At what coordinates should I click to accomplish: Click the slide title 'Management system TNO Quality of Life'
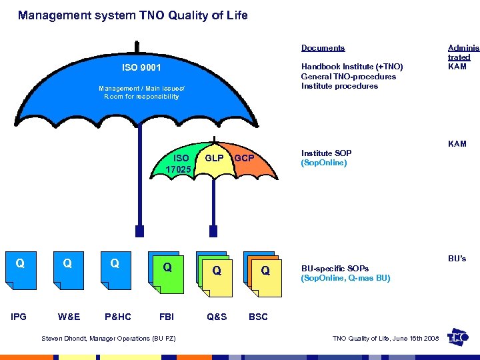point(133,15)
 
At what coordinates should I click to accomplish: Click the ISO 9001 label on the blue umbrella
point(141,67)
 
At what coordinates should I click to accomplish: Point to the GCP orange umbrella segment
point(244,159)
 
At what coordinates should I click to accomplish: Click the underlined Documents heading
point(323,48)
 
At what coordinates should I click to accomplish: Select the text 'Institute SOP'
point(326,153)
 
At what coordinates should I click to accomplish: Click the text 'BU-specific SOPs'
point(335,268)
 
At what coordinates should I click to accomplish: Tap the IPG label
point(19,317)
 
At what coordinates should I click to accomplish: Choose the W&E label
point(69,317)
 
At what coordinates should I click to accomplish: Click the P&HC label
point(118,317)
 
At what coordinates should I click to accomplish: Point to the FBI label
point(166,317)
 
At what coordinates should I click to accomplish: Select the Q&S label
point(217,317)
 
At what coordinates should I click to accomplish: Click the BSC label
point(258,317)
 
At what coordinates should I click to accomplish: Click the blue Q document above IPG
point(20,269)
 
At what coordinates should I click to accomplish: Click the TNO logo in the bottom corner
point(459,337)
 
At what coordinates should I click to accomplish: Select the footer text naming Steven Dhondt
point(109,339)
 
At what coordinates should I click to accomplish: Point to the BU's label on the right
point(457,258)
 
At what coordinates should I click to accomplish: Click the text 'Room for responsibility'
point(141,97)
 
